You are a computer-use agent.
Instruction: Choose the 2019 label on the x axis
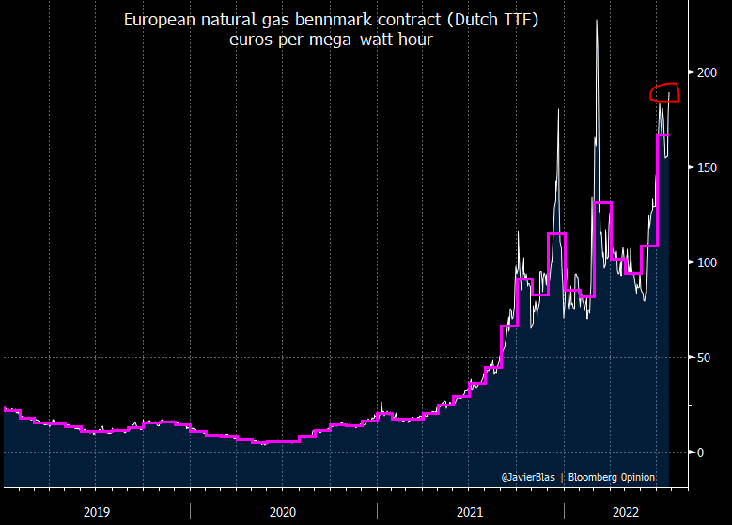pyautogui.click(x=97, y=511)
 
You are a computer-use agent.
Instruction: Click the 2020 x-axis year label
pyautogui.click(x=283, y=511)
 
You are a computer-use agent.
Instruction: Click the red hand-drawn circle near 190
pyautogui.click(x=665, y=92)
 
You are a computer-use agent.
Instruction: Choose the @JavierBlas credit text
pyautogui.click(x=529, y=478)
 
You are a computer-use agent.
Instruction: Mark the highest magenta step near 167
pyautogui.click(x=662, y=135)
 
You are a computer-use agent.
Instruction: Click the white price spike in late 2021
pyautogui.click(x=558, y=111)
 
